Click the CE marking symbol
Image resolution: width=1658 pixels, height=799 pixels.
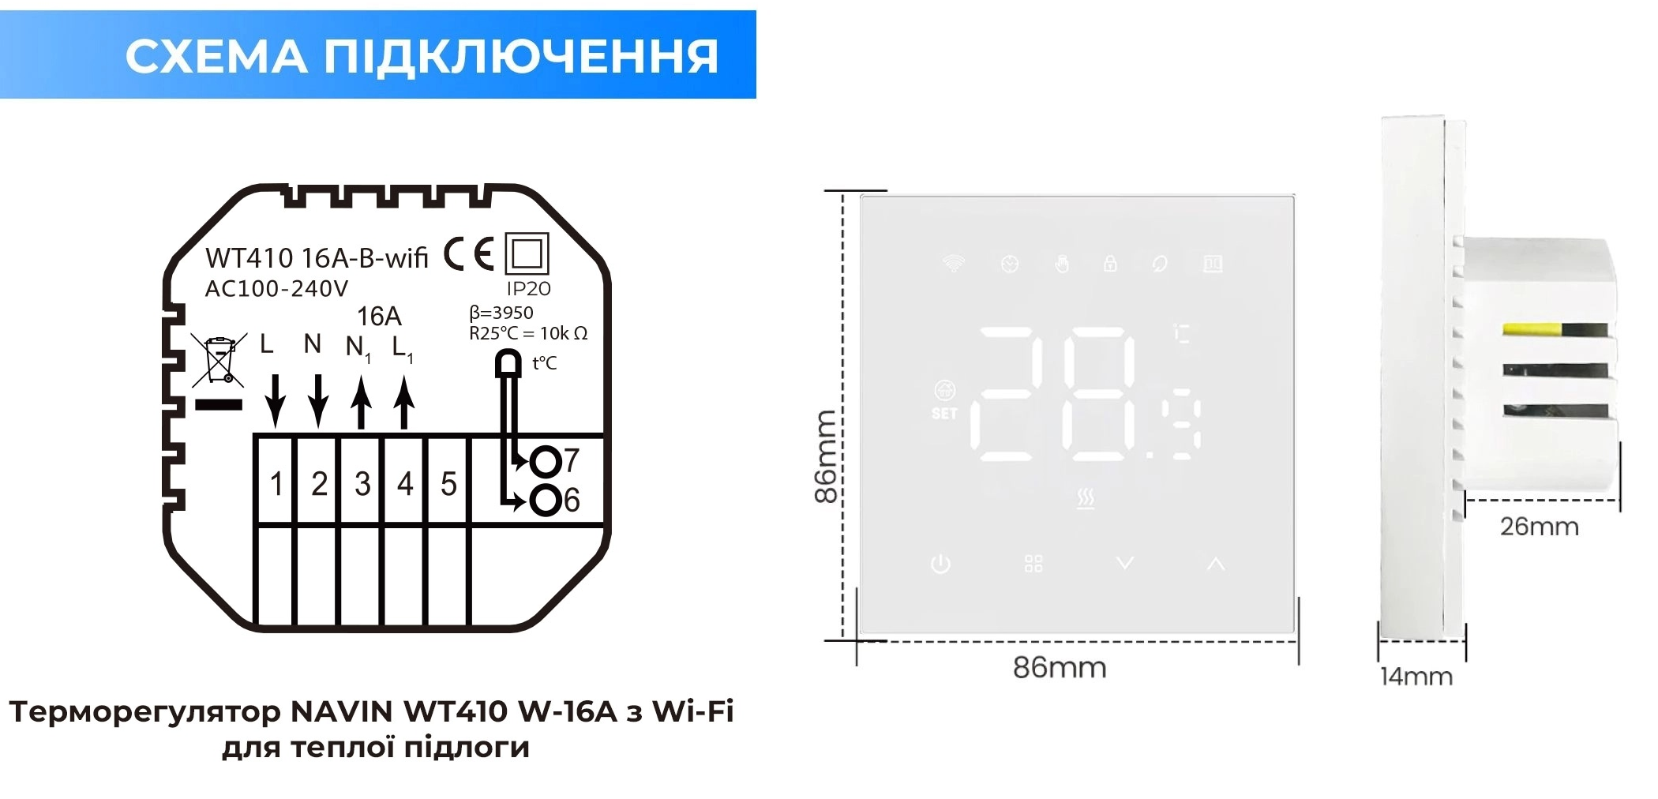click(x=468, y=254)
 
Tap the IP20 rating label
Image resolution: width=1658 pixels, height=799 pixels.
click(x=528, y=289)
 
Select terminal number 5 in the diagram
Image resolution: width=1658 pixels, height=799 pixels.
click(x=448, y=484)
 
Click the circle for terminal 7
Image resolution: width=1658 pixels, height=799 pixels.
click(x=546, y=462)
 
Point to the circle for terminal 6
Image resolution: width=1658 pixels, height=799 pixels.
click(x=546, y=501)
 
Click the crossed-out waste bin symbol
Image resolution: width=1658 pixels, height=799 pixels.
click(x=218, y=359)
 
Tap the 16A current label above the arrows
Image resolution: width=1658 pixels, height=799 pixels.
click(x=379, y=316)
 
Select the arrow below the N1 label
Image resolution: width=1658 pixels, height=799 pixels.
click(x=361, y=403)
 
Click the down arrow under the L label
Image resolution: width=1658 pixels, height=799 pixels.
click(x=275, y=401)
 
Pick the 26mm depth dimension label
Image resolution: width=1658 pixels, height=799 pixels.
click(x=1540, y=527)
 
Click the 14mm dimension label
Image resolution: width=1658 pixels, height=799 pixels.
click(x=1416, y=677)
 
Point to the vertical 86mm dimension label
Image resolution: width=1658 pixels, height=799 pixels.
click(x=826, y=456)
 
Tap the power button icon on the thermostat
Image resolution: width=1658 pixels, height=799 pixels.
click(x=940, y=565)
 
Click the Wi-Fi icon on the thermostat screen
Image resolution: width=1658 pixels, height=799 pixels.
click(x=954, y=263)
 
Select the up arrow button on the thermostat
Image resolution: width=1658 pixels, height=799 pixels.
click(x=1216, y=564)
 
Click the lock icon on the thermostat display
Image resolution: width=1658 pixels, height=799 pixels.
click(x=1110, y=263)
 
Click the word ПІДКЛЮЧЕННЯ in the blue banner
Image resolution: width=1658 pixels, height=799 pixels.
click(x=522, y=57)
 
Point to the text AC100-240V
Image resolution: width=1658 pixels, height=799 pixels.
click(x=276, y=289)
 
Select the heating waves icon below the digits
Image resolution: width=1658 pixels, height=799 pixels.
click(x=1086, y=500)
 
